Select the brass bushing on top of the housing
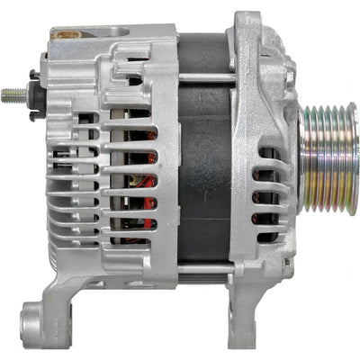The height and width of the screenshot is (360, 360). pyautogui.click(x=65, y=36)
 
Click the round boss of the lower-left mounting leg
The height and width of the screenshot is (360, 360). pyautogui.click(x=34, y=319)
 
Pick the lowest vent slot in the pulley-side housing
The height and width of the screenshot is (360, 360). pyautogui.click(x=266, y=238)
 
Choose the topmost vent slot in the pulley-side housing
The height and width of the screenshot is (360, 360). pyautogui.click(x=265, y=149)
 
